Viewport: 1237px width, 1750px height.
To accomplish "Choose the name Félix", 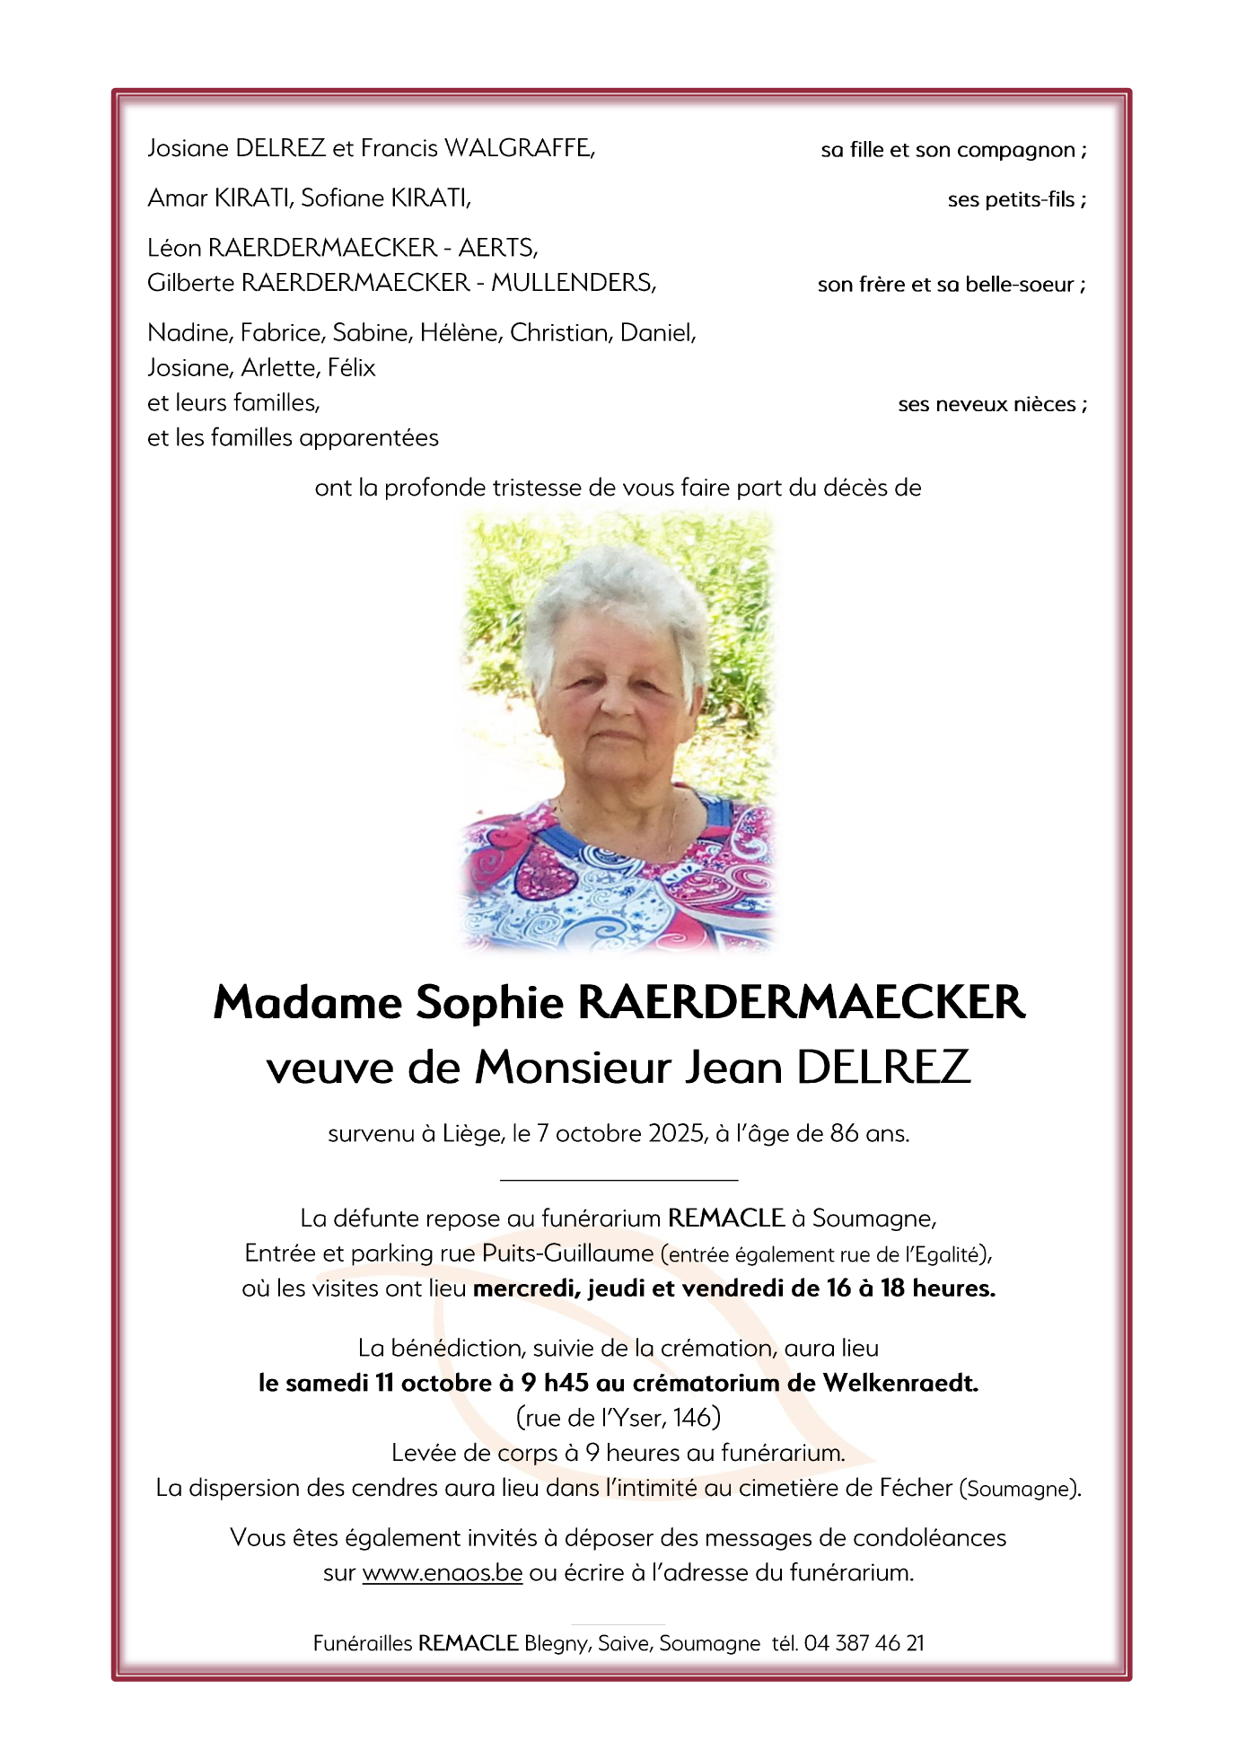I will pos(351,367).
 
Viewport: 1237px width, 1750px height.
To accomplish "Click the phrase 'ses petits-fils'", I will pos(1012,199).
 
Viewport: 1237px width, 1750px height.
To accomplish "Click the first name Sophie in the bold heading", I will pos(489,1002).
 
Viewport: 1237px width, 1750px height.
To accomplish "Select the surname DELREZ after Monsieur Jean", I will pos(883,1068).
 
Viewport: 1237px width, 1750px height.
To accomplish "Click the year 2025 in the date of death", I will pos(676,1133).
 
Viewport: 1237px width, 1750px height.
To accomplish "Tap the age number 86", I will pos(844,1133).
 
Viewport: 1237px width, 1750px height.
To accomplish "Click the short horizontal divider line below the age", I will pos(618,1179).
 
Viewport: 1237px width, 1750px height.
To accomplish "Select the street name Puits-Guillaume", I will pos(567,1253).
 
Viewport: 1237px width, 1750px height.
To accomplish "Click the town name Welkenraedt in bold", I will pos(900,1383).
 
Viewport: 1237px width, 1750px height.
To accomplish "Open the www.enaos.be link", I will pos(442,1572).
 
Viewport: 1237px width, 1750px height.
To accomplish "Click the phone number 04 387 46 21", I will pos(864,1643).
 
